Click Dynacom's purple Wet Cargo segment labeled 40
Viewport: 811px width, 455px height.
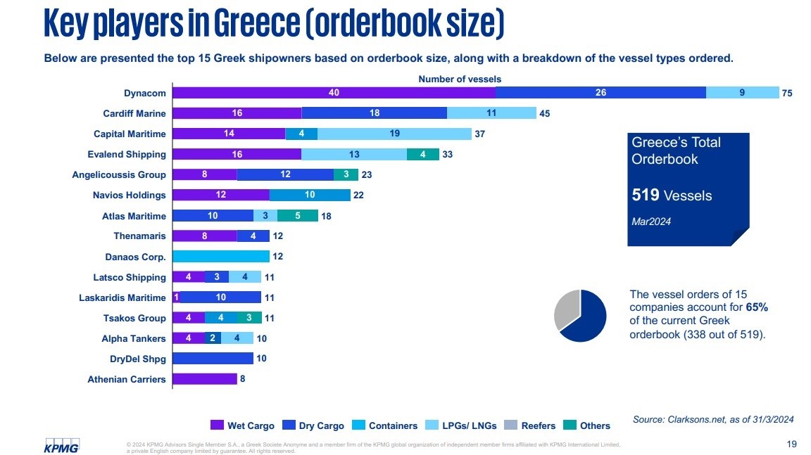tap(334, 93)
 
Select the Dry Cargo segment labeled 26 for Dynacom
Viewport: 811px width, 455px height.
tap(601, 93)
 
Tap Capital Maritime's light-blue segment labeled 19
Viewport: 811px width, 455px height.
tap(394, 134)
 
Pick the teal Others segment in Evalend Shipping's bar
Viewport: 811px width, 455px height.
tap(422, 154)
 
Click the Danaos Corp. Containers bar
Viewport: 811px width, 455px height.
tap(221, 257)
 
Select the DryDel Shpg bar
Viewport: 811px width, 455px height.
tap(213, 359)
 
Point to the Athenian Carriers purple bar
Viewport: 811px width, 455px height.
tap(205, 379)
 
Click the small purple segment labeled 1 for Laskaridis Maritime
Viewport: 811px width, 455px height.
tap(176, 297)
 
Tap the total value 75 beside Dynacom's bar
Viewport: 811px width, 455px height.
tap(787, 93)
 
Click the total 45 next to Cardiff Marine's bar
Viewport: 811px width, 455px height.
tap(544, 113)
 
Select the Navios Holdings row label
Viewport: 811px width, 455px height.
tap(130, 195)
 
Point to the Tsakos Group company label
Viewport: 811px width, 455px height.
tap(133, 318)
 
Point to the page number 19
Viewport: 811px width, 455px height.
tap(791, 444)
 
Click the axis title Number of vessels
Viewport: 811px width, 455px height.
tap(460, 79)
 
